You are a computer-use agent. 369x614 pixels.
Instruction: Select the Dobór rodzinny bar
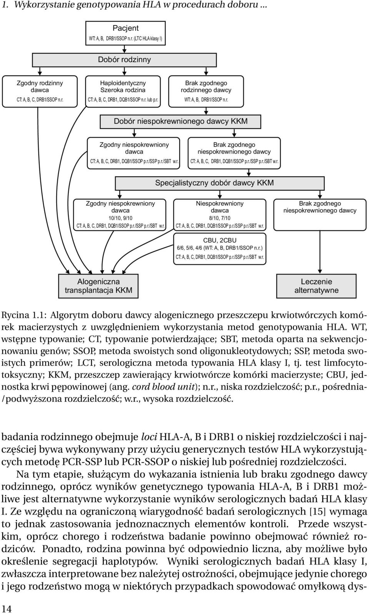point(125,60)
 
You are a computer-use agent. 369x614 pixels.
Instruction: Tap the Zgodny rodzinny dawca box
point(40,91)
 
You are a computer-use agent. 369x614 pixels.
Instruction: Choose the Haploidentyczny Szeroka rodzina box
point(123,91)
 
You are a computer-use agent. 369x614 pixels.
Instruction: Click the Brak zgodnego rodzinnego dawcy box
point(206,91)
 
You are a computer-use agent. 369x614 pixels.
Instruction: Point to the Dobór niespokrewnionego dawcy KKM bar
point(180,121)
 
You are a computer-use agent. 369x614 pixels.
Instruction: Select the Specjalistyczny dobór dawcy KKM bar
point(219,183)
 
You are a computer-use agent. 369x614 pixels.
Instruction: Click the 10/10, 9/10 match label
point(120,218)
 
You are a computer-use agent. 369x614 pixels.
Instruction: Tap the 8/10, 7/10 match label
point(219,218)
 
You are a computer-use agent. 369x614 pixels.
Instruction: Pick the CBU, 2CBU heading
point(219,240)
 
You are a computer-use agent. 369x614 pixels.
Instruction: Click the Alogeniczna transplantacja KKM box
point(98,286)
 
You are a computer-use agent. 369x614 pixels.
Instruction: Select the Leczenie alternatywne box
point(316,286)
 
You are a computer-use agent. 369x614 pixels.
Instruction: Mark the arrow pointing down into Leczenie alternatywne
point(319,252)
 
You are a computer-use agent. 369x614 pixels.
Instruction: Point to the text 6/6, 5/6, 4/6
point(192,248)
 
